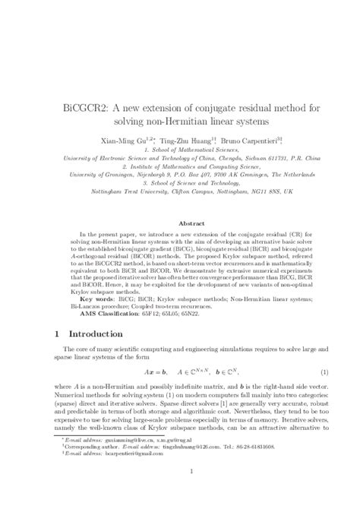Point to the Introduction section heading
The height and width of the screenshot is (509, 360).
click(102, 333)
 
